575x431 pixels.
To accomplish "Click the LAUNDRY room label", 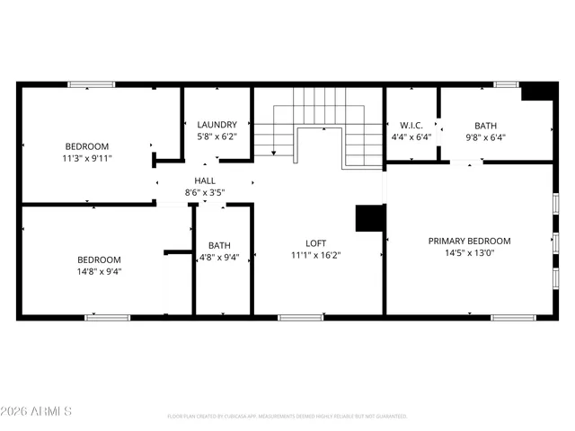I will [x=217, y=125].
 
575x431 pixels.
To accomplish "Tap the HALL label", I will [x=205, y=180].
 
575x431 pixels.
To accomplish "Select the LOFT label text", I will [x=315, y=242].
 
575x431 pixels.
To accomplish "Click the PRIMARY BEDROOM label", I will [x=469, y=241].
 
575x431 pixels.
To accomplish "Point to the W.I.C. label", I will [x=411, y=126].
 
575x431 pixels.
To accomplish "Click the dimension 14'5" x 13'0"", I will [x=469, y=252].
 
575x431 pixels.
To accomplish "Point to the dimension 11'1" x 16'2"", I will [x=315, y=254].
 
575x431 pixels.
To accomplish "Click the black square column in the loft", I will [x=369, y=219].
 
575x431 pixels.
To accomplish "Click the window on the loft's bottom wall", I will [x=301, y=317].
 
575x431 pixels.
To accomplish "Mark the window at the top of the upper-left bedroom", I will [x=92, y=85].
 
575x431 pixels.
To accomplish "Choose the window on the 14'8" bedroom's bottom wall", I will [x=108, y=317].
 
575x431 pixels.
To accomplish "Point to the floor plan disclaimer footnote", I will [x=287, y=417].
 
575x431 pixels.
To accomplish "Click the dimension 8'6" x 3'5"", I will [x=205, y=192].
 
